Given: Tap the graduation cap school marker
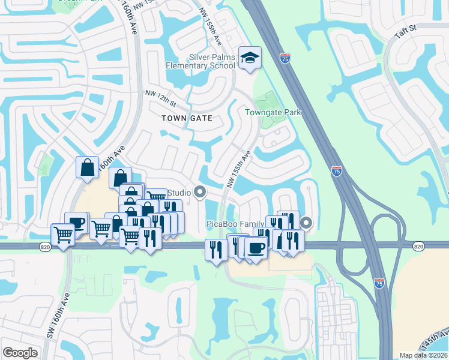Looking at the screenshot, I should click(x=249, y=58).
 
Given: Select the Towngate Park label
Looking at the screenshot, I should click(x=273, y=112).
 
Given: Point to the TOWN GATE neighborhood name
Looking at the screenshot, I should click(x=187, y=118).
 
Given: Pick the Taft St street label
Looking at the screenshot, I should click(x=405, y=31).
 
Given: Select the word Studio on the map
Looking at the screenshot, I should click(x=178, y=193).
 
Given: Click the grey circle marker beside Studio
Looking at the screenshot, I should click(x=200, y=193).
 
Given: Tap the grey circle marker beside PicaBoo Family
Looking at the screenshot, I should click(x=306, y=224).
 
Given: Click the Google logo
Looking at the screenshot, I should click(x=20, y=353).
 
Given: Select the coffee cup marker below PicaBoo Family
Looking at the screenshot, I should click(x=256, y=247).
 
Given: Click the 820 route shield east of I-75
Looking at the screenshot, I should click(x=419, y=246).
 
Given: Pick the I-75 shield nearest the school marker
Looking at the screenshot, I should click(x=285, y=58).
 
